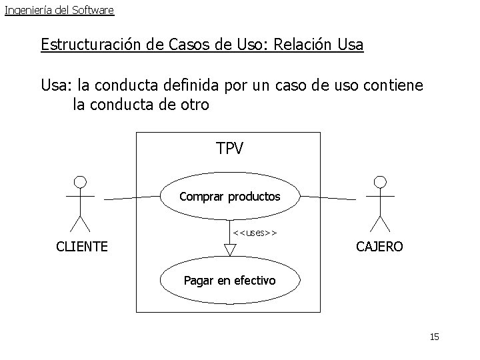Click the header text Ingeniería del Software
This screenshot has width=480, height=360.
click(x=59, y=10)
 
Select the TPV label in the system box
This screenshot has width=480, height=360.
click(x=230, y=149)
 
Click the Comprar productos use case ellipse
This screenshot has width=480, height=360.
click(x=230, y=197)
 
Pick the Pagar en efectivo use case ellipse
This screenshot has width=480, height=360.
click(x=230, y=281)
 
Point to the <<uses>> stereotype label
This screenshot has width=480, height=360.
click(x=255, y=233)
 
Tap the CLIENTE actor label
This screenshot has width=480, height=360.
click(x=82, y=247)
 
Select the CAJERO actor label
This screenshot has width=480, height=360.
click(x=379, y=247)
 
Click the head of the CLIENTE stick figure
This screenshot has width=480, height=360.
click(x=80, y=181)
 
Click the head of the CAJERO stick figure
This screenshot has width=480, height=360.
click(x=380, y=181)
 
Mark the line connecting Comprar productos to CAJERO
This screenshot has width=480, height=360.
click(x=327, y=198)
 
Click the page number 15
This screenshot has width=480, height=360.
click(x=435, y=337)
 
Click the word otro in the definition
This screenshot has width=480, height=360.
click(x=193, y=105)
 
